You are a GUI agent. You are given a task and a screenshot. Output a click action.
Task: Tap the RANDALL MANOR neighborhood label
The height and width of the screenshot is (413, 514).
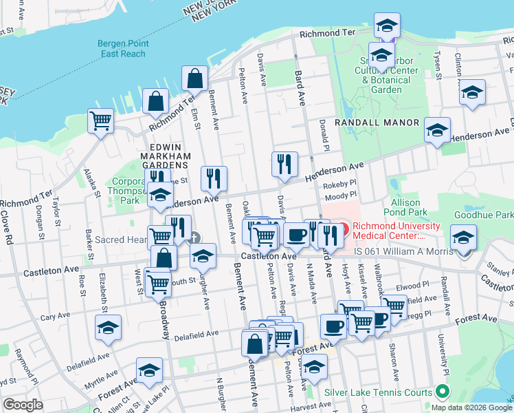(377, 123)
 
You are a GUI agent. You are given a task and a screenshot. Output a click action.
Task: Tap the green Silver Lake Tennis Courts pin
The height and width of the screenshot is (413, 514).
(443, 393)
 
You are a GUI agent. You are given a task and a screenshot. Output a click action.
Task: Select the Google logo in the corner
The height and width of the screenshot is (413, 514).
(23, 405)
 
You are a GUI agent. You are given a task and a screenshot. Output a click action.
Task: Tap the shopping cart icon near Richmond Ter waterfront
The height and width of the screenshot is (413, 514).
(100, 121)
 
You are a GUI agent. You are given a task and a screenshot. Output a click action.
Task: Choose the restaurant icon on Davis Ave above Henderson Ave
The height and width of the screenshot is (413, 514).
(284, 164)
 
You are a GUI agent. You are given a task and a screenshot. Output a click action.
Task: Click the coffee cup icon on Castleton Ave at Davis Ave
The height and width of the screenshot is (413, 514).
(297, 235)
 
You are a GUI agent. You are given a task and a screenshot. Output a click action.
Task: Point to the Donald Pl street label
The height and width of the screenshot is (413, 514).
(322, 136)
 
